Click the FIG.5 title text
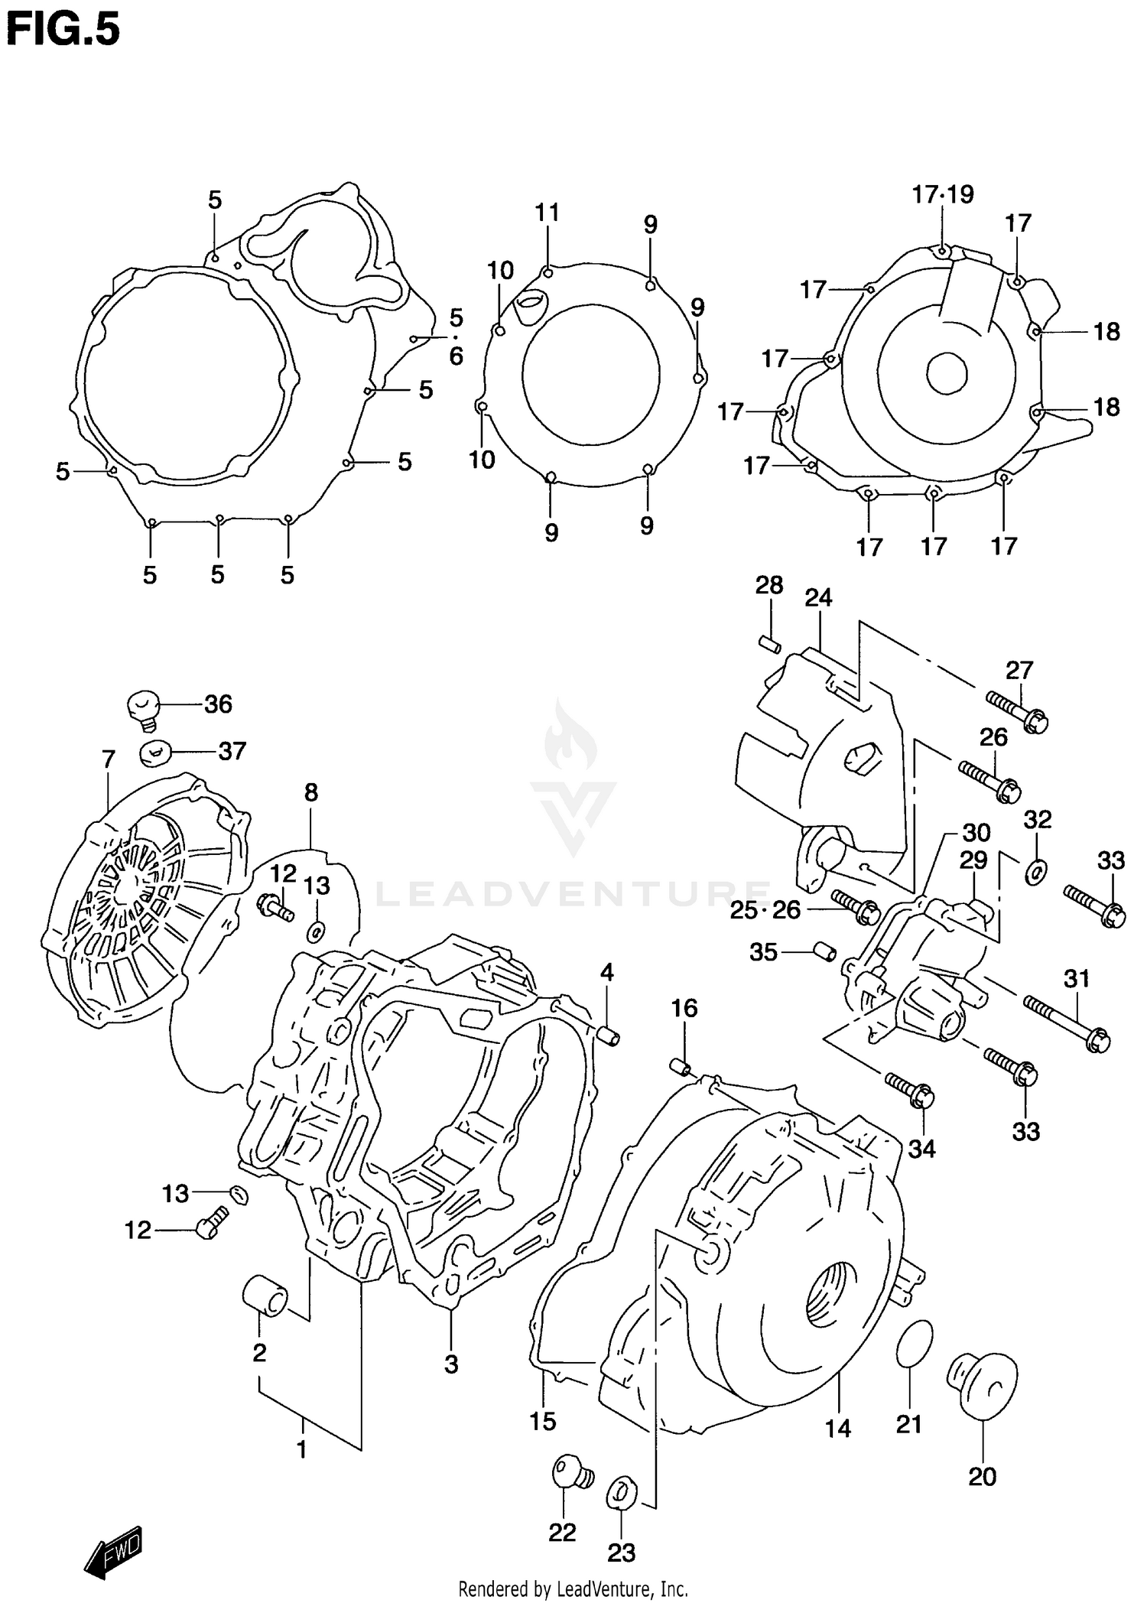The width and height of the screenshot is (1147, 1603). [x=63, y=31]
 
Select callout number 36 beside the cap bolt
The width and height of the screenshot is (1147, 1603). [x=218, y=704]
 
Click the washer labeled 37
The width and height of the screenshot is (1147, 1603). [x=154, y=752]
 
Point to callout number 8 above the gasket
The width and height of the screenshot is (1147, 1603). [x=310, y=792]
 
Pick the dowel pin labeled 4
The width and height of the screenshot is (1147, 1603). [x=609, y=1036]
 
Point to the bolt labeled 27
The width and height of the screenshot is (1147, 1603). [x=1016, y=710]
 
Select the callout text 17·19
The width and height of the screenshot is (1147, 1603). [x=942, y=195]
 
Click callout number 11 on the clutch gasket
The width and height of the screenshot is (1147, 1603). [x=547, y=213]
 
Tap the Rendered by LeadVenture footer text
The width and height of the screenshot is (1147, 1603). [x=573, y=1589]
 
